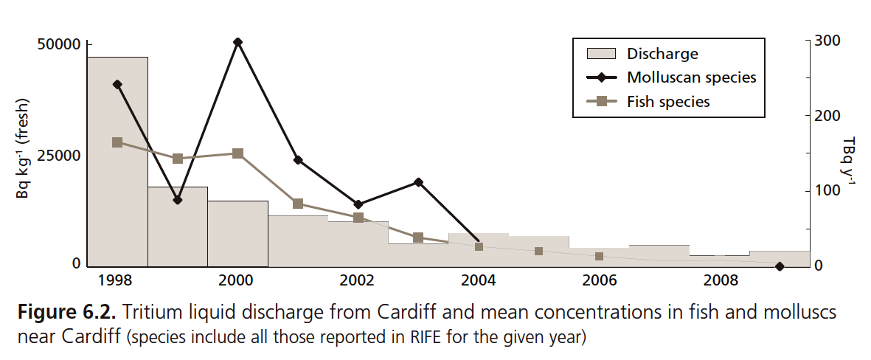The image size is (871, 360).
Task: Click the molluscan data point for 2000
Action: (237, 42)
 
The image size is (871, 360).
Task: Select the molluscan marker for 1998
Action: (117, 85)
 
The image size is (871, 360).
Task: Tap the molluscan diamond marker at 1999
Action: (178, 199)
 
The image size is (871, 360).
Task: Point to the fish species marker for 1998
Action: (117, 142)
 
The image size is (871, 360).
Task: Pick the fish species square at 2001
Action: (298, 204)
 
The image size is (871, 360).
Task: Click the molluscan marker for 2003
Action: (418, 182)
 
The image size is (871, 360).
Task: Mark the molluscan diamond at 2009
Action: (780, 266)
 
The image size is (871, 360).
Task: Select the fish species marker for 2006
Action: (599, 257)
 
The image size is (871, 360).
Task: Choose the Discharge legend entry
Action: (662, 54)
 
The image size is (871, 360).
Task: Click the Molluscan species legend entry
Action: (691, 77)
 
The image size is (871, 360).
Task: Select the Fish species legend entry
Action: (667, 102)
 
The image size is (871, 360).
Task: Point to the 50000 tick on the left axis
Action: (58, 45)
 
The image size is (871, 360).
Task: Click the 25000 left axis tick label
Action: (58, 156)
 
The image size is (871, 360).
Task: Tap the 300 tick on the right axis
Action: (826, 41)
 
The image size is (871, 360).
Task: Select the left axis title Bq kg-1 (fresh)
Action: (23, 148)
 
